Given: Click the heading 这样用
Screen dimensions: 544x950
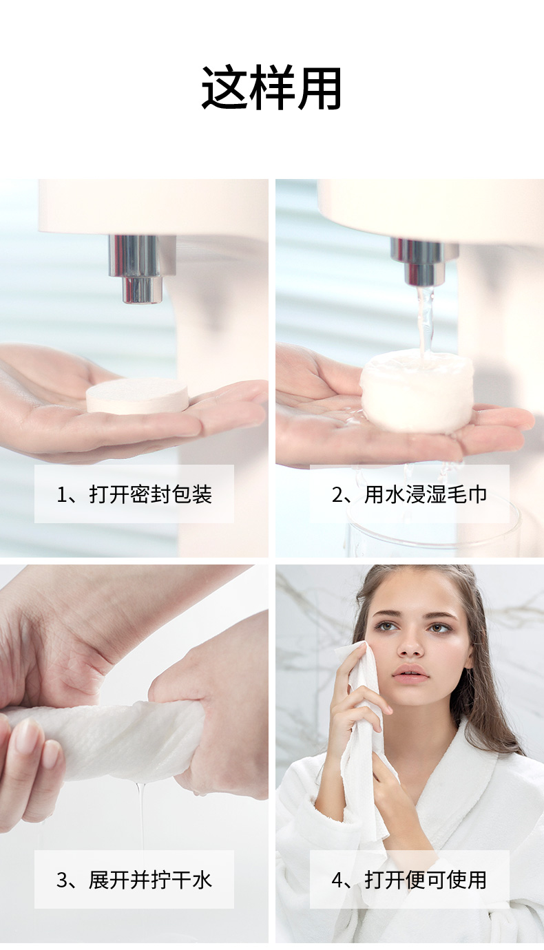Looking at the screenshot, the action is (271, 88).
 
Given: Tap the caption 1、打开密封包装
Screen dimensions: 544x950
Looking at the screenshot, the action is (134, 494).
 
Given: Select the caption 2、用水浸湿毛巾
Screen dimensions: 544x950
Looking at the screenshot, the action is (409, 494).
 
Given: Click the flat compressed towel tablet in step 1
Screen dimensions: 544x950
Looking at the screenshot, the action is (137, 396).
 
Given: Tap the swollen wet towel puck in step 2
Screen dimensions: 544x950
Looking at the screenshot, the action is (417, 391).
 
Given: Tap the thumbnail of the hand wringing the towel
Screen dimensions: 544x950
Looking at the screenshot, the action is (26, 732).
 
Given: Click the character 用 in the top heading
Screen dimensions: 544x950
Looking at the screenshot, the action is (319, 88).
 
